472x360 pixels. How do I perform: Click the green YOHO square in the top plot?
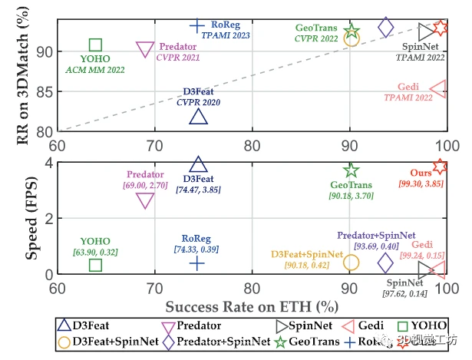[95, 45]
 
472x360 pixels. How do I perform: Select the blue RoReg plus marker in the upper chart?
[197, 25]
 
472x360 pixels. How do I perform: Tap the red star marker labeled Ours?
[440, 167]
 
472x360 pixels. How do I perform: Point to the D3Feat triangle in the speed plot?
[198, 165]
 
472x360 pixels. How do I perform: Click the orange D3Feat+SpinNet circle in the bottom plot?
[351, 262]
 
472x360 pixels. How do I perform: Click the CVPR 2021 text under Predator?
[178, 57]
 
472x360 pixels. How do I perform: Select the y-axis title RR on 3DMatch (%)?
[19, 67]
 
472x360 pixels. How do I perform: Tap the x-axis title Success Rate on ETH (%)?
[251, 305]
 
